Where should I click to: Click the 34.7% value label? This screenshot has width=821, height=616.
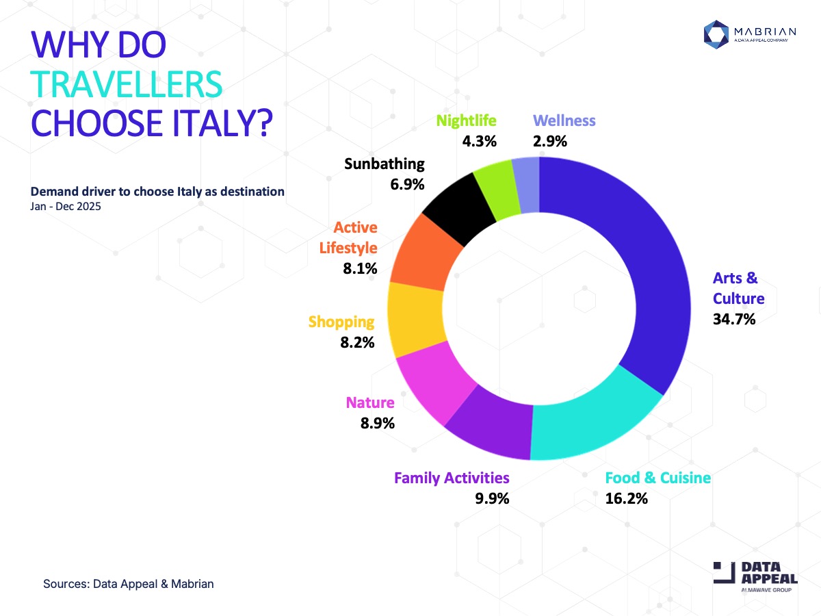tap(734, 318)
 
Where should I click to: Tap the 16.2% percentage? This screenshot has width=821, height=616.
tap(626, 498)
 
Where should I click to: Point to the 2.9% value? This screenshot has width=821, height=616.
tap(550, 142)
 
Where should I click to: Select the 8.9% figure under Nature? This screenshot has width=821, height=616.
tap(378, 423)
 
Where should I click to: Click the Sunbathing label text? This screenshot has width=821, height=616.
tap(385, 164)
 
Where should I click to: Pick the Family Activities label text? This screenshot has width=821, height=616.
tap(452, 478)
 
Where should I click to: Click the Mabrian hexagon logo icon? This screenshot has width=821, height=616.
tap(717, 35)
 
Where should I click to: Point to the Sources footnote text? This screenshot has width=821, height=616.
tap(129, 584)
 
